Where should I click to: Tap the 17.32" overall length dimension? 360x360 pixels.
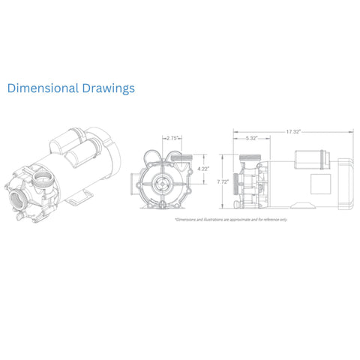pos(292,132)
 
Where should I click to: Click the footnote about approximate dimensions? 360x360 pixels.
pos(230,220)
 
